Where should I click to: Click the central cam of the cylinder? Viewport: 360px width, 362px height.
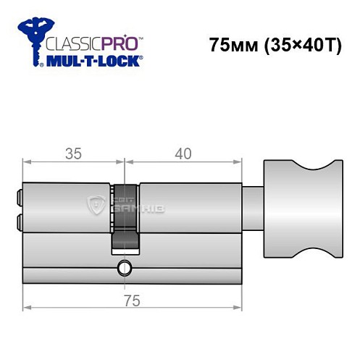click(124, 217)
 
